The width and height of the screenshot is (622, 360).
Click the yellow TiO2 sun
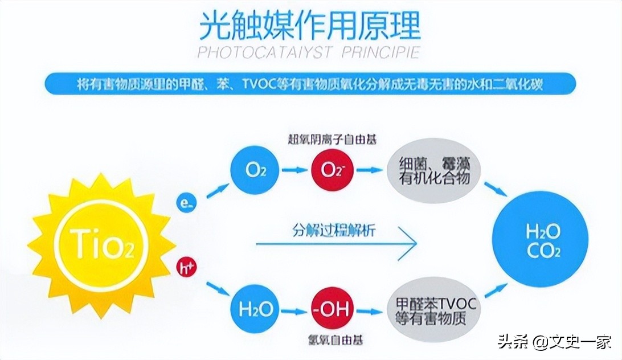(101, 246)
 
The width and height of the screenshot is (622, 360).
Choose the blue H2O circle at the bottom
(255, 310)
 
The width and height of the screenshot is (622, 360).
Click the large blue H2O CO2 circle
(543, 240)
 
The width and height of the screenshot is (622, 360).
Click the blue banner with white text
(310, 84)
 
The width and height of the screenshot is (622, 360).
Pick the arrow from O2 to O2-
(292, 170)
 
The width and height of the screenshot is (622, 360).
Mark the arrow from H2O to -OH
(293, 310)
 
